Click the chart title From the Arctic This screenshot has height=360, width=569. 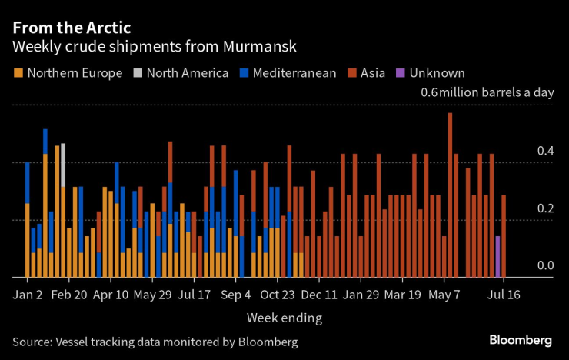point(72,27)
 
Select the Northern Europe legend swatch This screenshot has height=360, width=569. point(18,73)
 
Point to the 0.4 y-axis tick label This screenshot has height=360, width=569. point(544,152)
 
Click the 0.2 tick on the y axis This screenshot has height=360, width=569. point(544,209)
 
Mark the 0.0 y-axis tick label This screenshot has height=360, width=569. point(544,266)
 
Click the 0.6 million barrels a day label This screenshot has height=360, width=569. point(487,93)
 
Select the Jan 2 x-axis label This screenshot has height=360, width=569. point(28,295)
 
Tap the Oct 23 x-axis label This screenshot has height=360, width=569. point(278,295)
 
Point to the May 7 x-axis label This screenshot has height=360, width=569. point(444,295)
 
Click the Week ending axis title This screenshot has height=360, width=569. point(284,317)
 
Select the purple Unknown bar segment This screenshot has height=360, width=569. point(497,256)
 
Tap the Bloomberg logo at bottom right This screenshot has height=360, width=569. point(521,340)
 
